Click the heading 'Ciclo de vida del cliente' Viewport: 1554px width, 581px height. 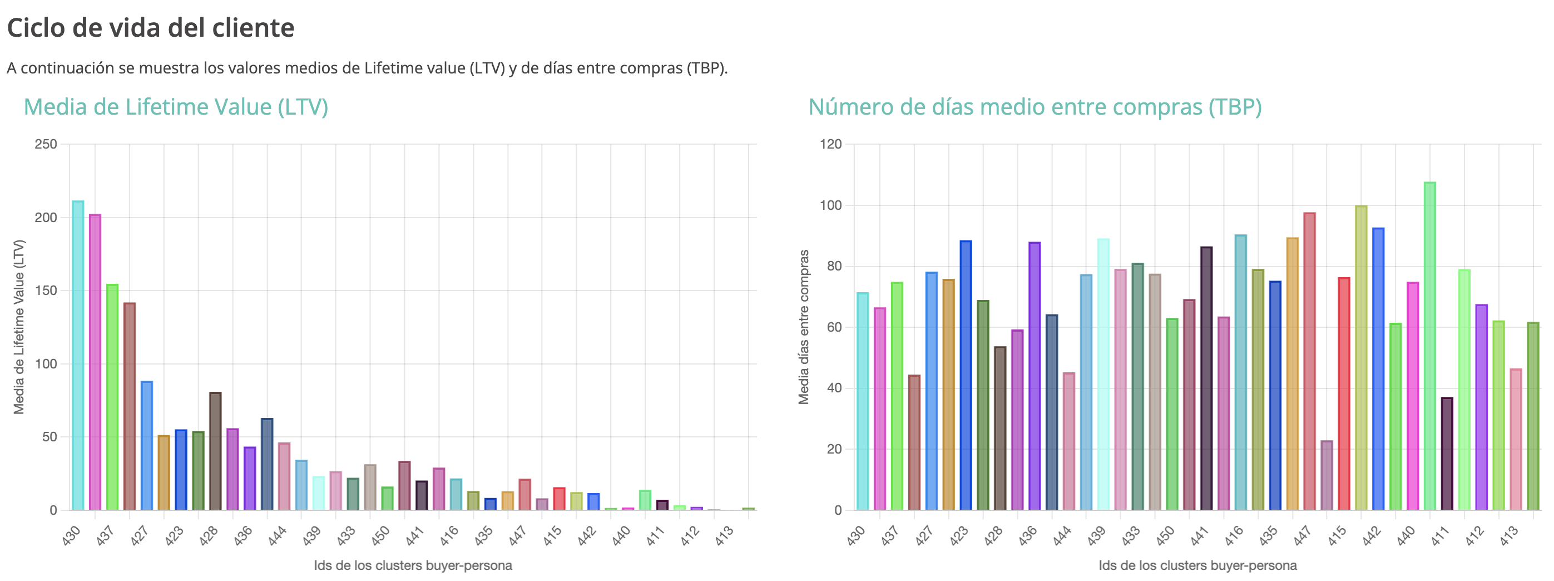(x=150, y=28)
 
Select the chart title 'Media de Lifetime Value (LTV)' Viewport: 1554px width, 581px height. (x=176, y=107)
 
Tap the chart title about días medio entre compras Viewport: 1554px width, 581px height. (x=1035, y=107)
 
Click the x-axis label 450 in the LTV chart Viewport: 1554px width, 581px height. (x=380, y=535)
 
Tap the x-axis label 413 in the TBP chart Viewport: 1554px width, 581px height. (x=1509, y=535)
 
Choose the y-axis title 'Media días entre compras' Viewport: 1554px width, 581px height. (x=804, y=327)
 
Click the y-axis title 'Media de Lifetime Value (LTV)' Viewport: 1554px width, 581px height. (x=19, y=327)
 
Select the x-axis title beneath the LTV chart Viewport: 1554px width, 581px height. (x=413, y=565)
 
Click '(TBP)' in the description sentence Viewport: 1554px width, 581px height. (x=707, y=68)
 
